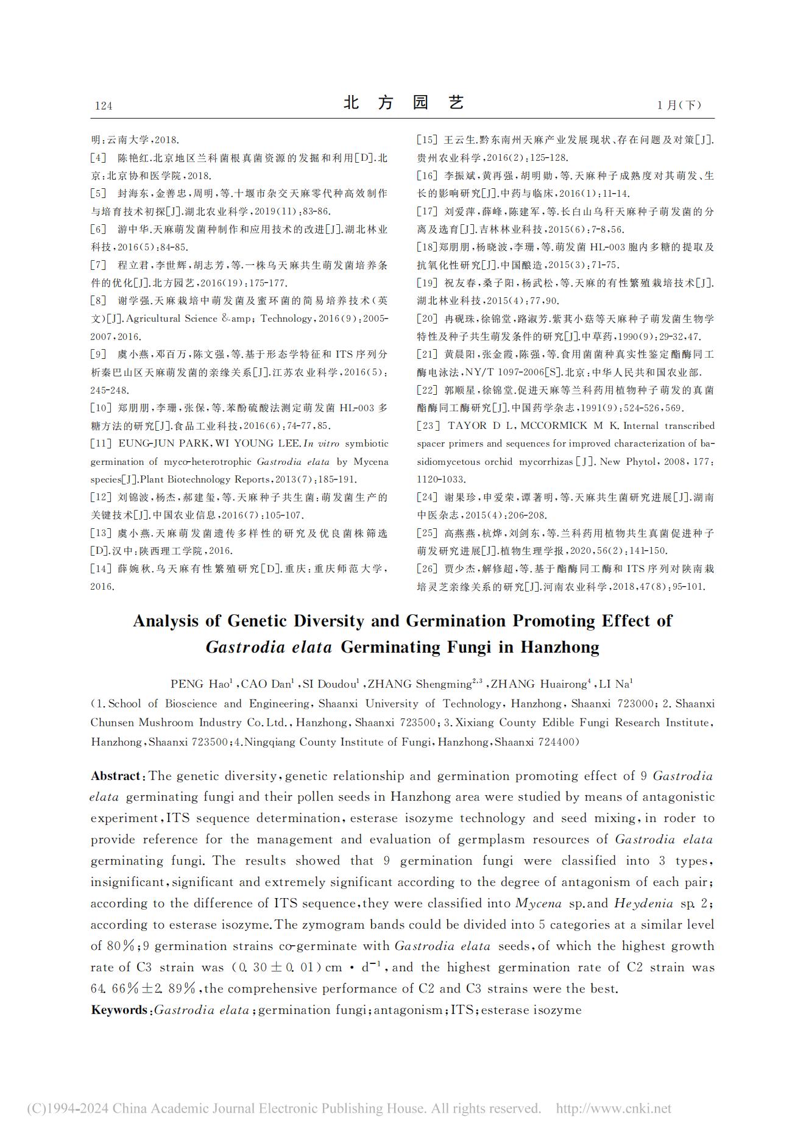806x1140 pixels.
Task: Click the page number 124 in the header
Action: pyautogui.click(x=104, y=106)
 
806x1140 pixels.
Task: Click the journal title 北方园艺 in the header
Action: pyautogui.click(x=403, y=102)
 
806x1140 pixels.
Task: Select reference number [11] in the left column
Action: pyautogui.click(x=101, y=444)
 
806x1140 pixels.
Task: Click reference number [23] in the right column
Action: pyautogui.click(x=428, y=426)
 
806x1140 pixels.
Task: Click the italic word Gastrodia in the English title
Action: pyautogui.click(x=245, y=647)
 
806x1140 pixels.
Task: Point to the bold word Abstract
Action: pyautogui.click(x=115, y=776)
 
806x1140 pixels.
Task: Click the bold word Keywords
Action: pyautogui.click(x=119, y=1010)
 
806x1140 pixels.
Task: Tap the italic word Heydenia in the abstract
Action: pyautogui.click(x=643, y=904)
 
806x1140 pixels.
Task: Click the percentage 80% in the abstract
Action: pyautogui.click(x=121, y=946)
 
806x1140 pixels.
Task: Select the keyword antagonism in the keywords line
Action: pyautogui.click(x=408, y=1010)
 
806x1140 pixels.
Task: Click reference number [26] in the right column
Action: pyautogui.click(x=428, y=569)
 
